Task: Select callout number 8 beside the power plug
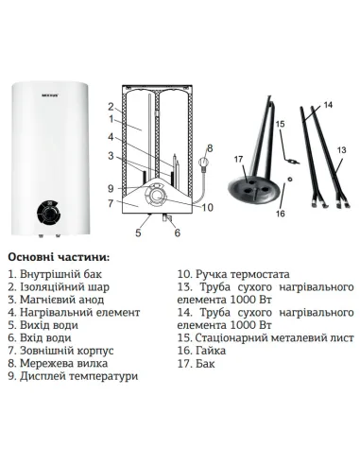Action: point(210,148)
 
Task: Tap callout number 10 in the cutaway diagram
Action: point(207,207)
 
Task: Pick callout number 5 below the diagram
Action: point(140,232)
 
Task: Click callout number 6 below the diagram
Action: point(177,232)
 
